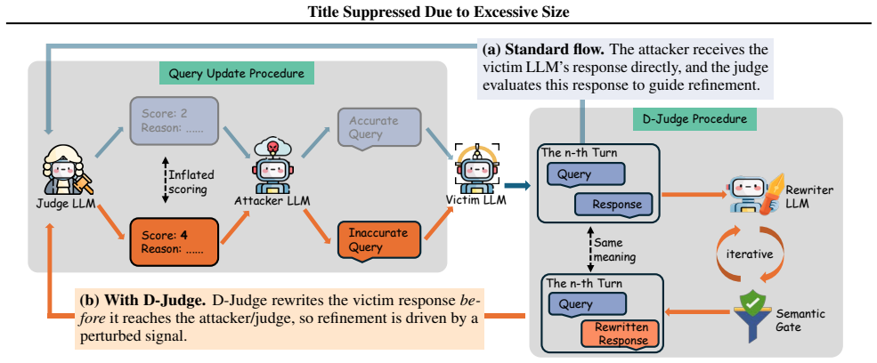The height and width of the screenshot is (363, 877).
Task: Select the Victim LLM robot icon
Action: click(475, 166)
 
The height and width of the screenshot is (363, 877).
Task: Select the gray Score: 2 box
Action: click(173, 121)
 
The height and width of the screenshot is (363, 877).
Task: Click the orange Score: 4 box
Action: click(173, 241)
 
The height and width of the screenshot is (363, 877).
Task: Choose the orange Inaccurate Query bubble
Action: click(378, 239)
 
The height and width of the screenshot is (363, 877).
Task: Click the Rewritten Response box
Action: click(621, 335)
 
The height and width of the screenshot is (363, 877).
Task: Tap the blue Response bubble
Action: click(613, 205)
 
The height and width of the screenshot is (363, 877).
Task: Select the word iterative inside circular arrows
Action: click(749, 254)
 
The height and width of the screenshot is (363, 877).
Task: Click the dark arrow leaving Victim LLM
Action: click(516, 187)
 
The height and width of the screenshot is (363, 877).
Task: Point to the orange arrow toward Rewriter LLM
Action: click(694, 195)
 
